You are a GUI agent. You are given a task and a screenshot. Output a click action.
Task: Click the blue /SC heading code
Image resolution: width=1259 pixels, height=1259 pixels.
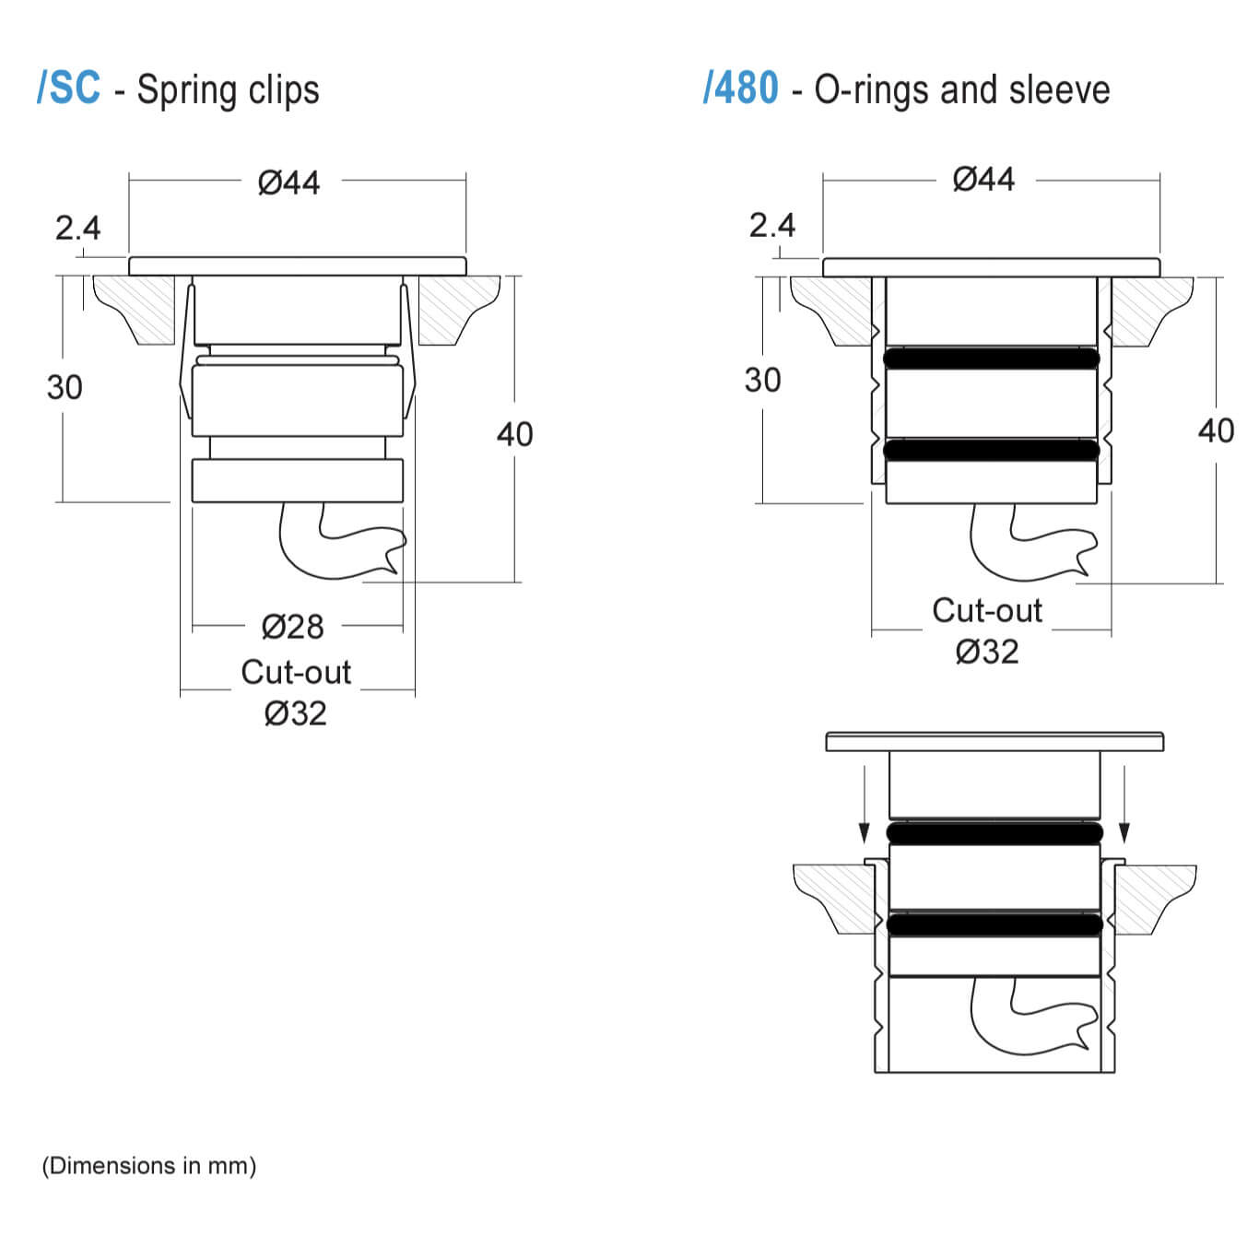click(x=69, y=88)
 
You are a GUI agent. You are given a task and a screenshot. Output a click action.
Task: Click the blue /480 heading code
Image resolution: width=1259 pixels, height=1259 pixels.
click(x=741, y=88)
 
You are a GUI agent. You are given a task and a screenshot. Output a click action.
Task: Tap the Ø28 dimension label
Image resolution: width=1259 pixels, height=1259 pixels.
click(x=293, y=627)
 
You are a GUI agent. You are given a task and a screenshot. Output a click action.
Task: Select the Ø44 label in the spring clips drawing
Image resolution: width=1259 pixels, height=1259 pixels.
click(x=289, y=182)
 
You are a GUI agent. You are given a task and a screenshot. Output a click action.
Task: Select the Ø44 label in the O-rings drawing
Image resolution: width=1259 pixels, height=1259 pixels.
click(x=983, y=179)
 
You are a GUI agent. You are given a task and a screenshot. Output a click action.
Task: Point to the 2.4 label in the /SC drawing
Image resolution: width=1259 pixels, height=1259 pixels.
click(x=77, y=228)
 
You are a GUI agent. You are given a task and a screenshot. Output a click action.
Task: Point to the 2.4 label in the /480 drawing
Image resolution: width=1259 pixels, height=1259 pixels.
click(x=771, y=225)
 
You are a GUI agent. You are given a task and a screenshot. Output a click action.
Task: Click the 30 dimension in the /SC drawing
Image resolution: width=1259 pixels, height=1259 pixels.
click(x=65, y=387)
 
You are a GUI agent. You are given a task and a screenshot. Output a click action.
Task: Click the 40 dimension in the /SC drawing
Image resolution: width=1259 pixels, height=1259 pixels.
click(x=514, y=434)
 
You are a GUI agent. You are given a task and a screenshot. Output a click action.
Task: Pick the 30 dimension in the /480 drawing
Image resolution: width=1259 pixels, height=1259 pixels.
click(x=762, y=380)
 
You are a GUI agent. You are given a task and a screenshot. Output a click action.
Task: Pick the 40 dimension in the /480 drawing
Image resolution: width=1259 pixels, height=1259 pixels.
click(x=1216, y=430)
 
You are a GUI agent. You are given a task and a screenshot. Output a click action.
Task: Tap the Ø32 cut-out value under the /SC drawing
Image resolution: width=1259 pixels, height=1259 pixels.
click(x=295, y=713)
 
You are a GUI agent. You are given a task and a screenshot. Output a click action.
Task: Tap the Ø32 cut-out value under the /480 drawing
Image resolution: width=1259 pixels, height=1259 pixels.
click(x=987, y=653)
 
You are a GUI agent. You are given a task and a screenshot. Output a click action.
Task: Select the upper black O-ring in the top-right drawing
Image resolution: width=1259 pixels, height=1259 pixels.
click(x=991, y=359)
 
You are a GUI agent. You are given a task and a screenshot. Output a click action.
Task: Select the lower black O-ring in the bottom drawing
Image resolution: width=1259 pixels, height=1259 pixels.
click(x=994, y=924)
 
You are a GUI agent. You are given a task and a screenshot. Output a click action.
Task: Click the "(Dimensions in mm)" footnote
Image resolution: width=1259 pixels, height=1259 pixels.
click(x=149, y=1166)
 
